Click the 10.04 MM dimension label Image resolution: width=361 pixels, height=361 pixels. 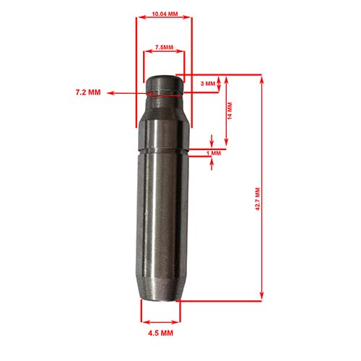[x=164, y=13]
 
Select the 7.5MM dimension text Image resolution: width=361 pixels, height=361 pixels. [x=165, y=48]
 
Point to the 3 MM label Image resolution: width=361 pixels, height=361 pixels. [x=207, y=84]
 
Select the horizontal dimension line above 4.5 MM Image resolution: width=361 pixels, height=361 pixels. [x=160, y=321]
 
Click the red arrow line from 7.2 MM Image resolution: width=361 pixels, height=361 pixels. [x=130, y=92]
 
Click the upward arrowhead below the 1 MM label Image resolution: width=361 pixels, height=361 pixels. [x=212, y=163]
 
